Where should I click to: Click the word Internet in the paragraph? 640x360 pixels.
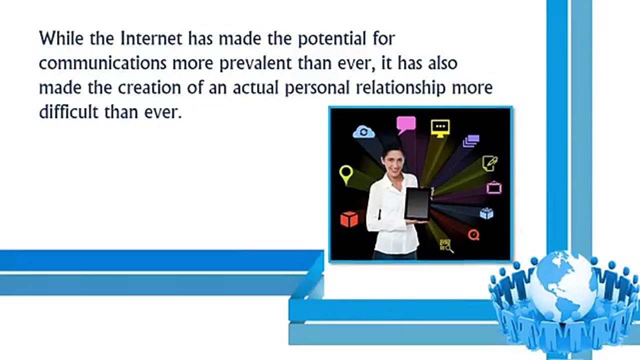coord(151,38)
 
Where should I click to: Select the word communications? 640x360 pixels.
coord(102,63)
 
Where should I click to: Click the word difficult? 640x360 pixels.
coord(68,111)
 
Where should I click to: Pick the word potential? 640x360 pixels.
coord(332,39)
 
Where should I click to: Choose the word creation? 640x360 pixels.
coord(149,87)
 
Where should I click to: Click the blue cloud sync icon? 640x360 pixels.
coord(363,132)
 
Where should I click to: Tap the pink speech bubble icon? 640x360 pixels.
coord(406,125)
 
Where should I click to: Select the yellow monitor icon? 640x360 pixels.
coord(440,128)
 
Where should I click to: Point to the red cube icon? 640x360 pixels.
coord(349,219)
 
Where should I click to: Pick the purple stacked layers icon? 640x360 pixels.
coord(471,141)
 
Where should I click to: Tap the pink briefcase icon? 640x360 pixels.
coord(494,187)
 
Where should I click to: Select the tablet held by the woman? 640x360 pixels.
coord(418,203)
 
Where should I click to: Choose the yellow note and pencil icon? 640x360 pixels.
coord(489,163)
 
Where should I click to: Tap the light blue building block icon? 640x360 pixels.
coord(486,213)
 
